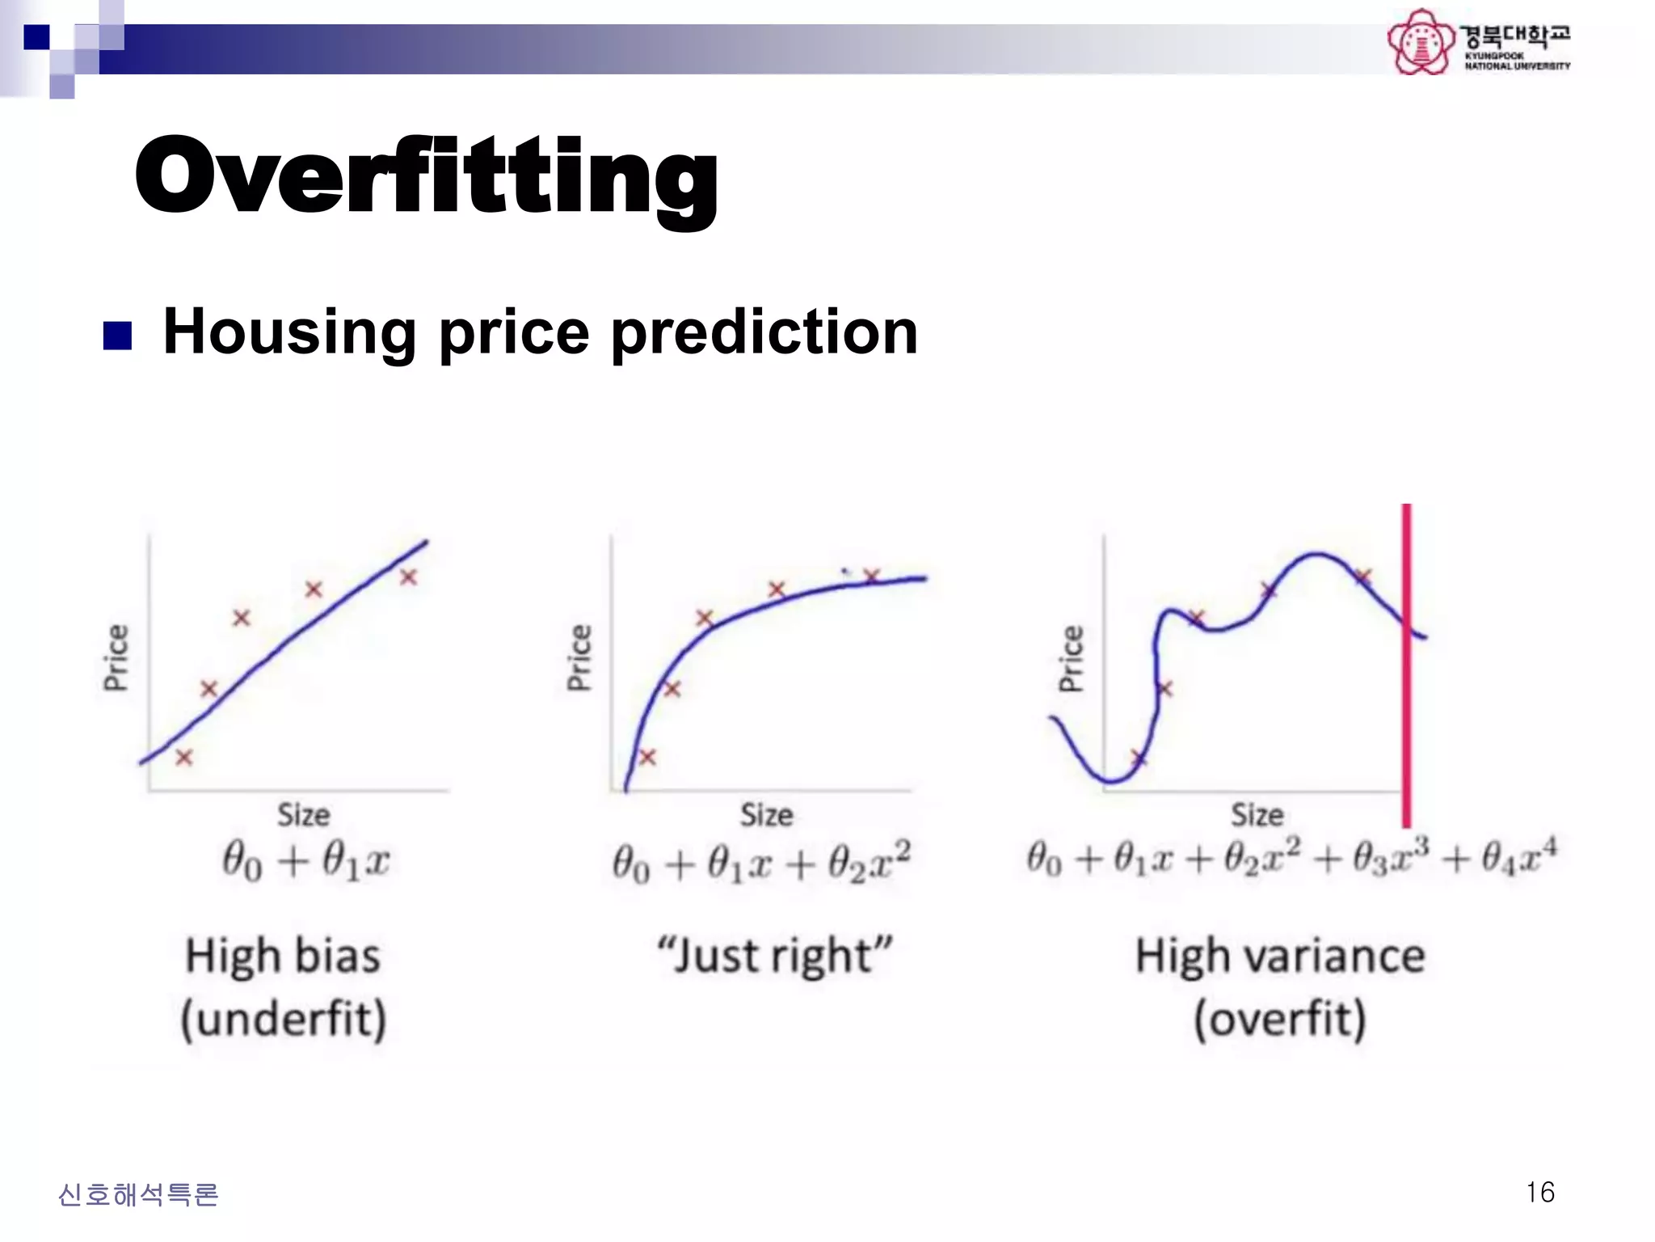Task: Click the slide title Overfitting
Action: [426, 176]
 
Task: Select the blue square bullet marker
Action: [118, 336]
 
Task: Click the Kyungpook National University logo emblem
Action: [1420, 42]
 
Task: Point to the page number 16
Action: [1539, 1192]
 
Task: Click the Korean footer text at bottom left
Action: [138, 1194]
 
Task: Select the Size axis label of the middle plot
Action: [766, 814]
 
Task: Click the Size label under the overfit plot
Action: [1257, 814]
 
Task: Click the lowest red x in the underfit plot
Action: [184, 758]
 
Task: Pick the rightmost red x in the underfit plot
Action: [408, 577]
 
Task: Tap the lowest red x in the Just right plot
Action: [647, 757]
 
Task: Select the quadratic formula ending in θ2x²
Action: [761, 861]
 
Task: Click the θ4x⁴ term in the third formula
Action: [1519, 857]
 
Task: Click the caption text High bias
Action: [283, 956]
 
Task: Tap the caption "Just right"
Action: [774, 956]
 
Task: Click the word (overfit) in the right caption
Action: [1280, 1019]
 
